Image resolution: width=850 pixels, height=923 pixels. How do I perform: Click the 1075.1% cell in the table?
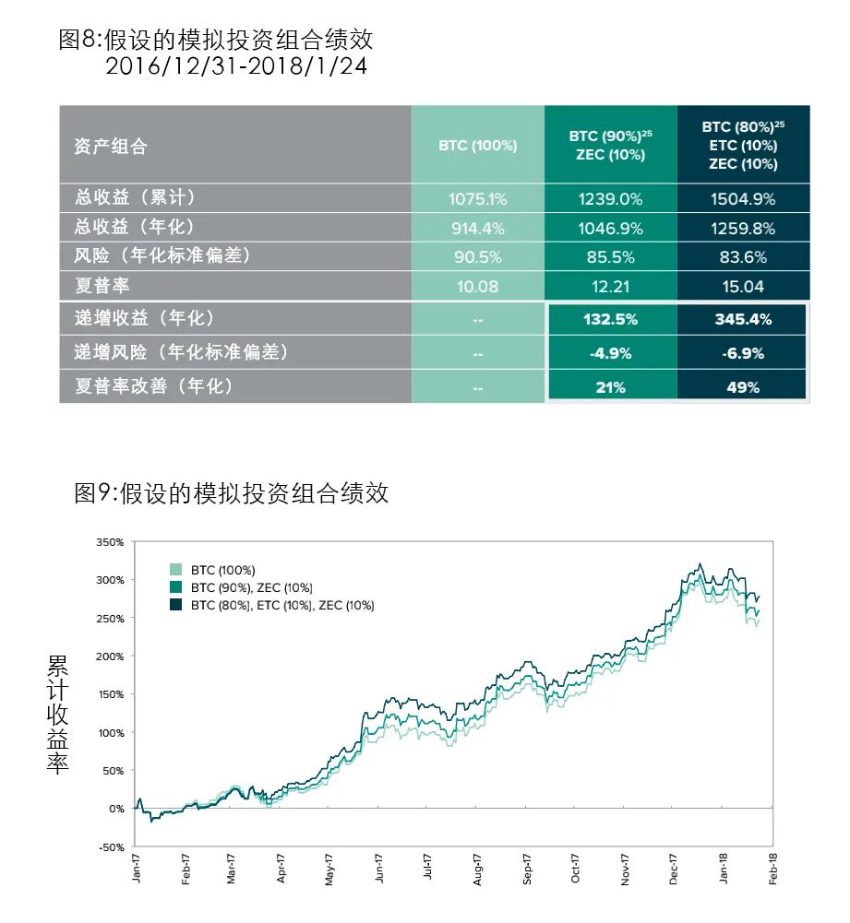477,198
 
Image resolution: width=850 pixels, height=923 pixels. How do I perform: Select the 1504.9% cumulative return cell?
742,198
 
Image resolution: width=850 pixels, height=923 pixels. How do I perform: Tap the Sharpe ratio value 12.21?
609,286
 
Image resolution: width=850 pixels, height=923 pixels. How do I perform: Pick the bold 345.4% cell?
742,319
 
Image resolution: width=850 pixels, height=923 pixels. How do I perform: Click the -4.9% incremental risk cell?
609,353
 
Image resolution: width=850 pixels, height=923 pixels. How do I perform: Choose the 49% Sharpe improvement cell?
742,387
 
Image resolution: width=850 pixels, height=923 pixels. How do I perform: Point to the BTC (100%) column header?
477,146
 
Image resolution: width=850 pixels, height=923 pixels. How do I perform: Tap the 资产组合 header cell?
111,147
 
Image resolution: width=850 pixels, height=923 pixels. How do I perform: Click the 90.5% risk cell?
477,257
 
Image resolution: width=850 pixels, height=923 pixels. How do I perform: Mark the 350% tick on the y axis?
109,542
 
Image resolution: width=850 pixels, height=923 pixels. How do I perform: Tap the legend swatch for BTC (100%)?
175,570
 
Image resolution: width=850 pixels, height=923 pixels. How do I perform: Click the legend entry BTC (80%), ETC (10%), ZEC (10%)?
281,605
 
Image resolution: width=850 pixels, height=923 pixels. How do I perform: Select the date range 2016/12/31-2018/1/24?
230,66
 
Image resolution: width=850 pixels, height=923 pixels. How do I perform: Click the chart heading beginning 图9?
231,493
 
